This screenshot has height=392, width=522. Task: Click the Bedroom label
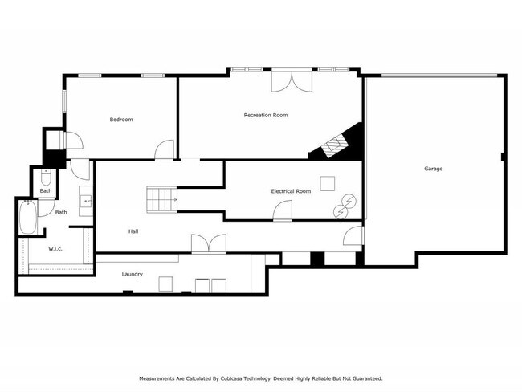(121, 120)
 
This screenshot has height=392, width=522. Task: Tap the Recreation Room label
(266, 116)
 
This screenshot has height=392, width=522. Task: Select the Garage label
(434, 169)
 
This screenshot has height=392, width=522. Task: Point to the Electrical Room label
(291, 191)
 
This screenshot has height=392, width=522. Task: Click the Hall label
(133, 231)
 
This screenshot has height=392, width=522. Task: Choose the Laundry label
(133, 275)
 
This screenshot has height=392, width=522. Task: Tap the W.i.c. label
(55, 248)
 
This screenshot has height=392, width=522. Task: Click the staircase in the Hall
(161, 199)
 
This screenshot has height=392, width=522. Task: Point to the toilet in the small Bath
(46, 180)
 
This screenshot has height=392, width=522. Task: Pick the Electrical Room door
(282, 211)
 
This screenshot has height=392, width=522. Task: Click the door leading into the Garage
(353, 235)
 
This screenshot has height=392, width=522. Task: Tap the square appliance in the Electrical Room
(328, 183)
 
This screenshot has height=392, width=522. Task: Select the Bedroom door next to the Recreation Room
(165, 150)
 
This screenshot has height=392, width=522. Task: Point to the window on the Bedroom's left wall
(64, 103)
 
